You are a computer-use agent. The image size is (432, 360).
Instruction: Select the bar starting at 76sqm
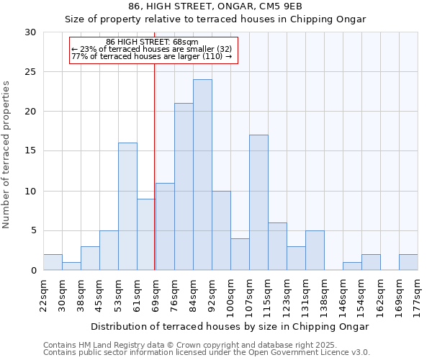pyautogui.click(x=184, y=186)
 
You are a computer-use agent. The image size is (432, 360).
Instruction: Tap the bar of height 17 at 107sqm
pyautogui.click(x=258, y=202)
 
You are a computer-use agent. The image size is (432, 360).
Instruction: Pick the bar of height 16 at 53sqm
pyautogui.click(x=127, y=207)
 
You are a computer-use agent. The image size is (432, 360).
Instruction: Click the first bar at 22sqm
pyautogui.click(x=53, y=262)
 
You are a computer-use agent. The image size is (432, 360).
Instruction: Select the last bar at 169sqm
pyautogui.click(x=408, y=262)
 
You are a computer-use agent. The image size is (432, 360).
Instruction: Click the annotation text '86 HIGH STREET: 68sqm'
pyautogui.click(x=152, y=42)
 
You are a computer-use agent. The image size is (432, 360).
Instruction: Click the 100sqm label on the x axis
pyautogui.click(x=230, y=292)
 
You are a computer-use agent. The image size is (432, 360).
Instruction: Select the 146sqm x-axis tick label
pyautogui.click(x=343, y=292)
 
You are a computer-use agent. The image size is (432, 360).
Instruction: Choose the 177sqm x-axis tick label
pyautogui.click(x=418, y=292)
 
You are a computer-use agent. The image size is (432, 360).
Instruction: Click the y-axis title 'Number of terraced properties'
pyautogui.click(x=7, y=154)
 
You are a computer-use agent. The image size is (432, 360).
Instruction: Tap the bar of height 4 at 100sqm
pyautogui.click(x=240, y=254)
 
